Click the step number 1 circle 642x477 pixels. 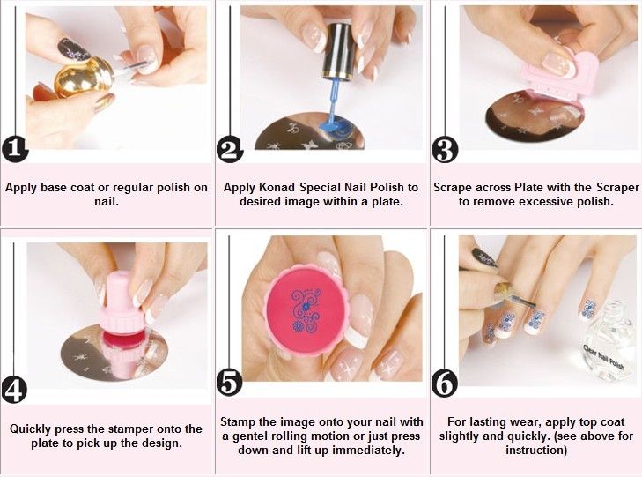tap(15, 148)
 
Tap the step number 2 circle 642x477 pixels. tap(230, 149)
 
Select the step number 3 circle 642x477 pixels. tap(445, 150)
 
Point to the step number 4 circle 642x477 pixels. tap(15, 390)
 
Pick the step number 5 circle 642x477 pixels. tap(230, 383)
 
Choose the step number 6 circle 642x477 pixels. tap(445, 384)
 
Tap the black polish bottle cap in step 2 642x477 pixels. tap(337, 50)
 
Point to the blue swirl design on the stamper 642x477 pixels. tap(305, 310)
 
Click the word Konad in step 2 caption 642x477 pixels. tap(277, 187)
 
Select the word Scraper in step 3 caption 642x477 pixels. tap(617, 187)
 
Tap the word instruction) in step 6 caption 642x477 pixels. tap(536, 450)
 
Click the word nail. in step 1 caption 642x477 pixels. tap(107, 201)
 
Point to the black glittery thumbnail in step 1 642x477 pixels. tap(73, 50)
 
